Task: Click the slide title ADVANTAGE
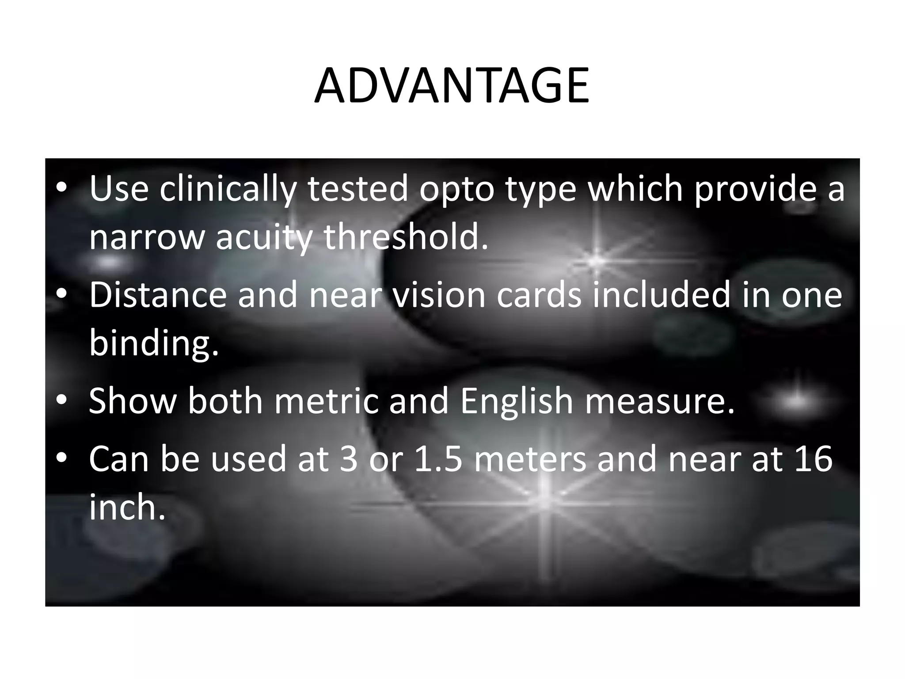(x=452, y=86)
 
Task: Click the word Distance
(x=158, y=295)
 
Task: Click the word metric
(x=327, y=401)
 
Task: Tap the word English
(x=517, y=401)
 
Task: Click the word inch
(x=127, y=507)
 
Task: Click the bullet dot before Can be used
(x=61, y=458)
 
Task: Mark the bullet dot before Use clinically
(x=61, y=188)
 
